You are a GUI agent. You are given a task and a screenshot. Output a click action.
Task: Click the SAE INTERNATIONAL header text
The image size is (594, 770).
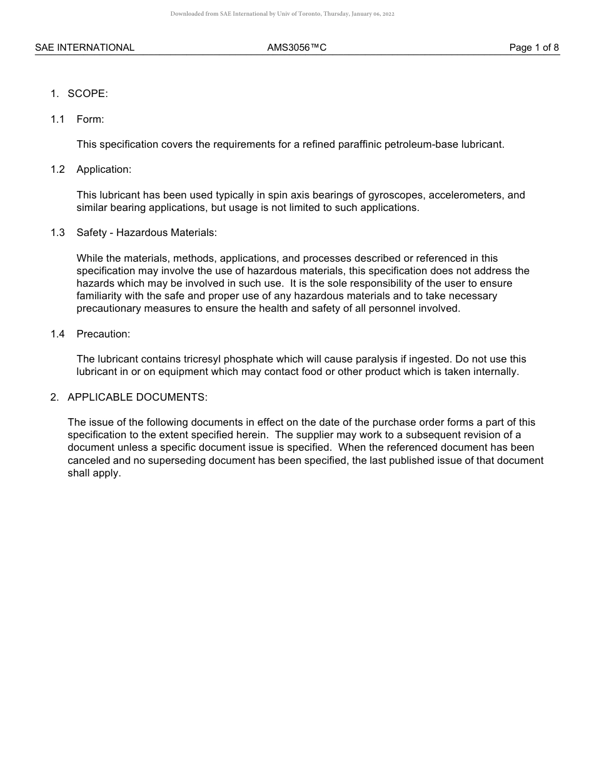click(84, 48)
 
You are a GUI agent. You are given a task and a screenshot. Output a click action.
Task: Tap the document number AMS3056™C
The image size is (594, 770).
click(296, 48)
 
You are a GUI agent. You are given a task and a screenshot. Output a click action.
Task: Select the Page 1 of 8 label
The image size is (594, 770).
click(534, 48)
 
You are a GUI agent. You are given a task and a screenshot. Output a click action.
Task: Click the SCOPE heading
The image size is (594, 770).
click(88, 94)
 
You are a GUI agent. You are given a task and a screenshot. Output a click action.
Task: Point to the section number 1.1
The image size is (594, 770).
click(58, 119)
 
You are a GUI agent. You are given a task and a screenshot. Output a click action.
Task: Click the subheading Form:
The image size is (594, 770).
click(90, 119)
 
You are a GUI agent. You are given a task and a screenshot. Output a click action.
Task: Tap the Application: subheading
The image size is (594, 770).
click(104, 170)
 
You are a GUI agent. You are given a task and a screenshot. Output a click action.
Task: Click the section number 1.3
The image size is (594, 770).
click(58, 233)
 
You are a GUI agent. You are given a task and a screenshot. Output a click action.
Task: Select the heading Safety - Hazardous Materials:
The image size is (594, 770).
click(146, 233)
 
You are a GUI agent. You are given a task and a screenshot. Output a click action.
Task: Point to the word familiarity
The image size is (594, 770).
click(100, 296)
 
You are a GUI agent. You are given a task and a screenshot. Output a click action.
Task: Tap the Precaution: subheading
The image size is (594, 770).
click(103, 334)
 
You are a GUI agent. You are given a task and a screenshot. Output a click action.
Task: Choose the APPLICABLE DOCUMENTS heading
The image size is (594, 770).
click(137, 398)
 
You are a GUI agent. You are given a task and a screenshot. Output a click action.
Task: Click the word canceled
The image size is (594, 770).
click(88, 461)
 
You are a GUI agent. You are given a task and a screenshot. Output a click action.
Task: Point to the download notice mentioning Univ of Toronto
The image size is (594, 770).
click(282, 14)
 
